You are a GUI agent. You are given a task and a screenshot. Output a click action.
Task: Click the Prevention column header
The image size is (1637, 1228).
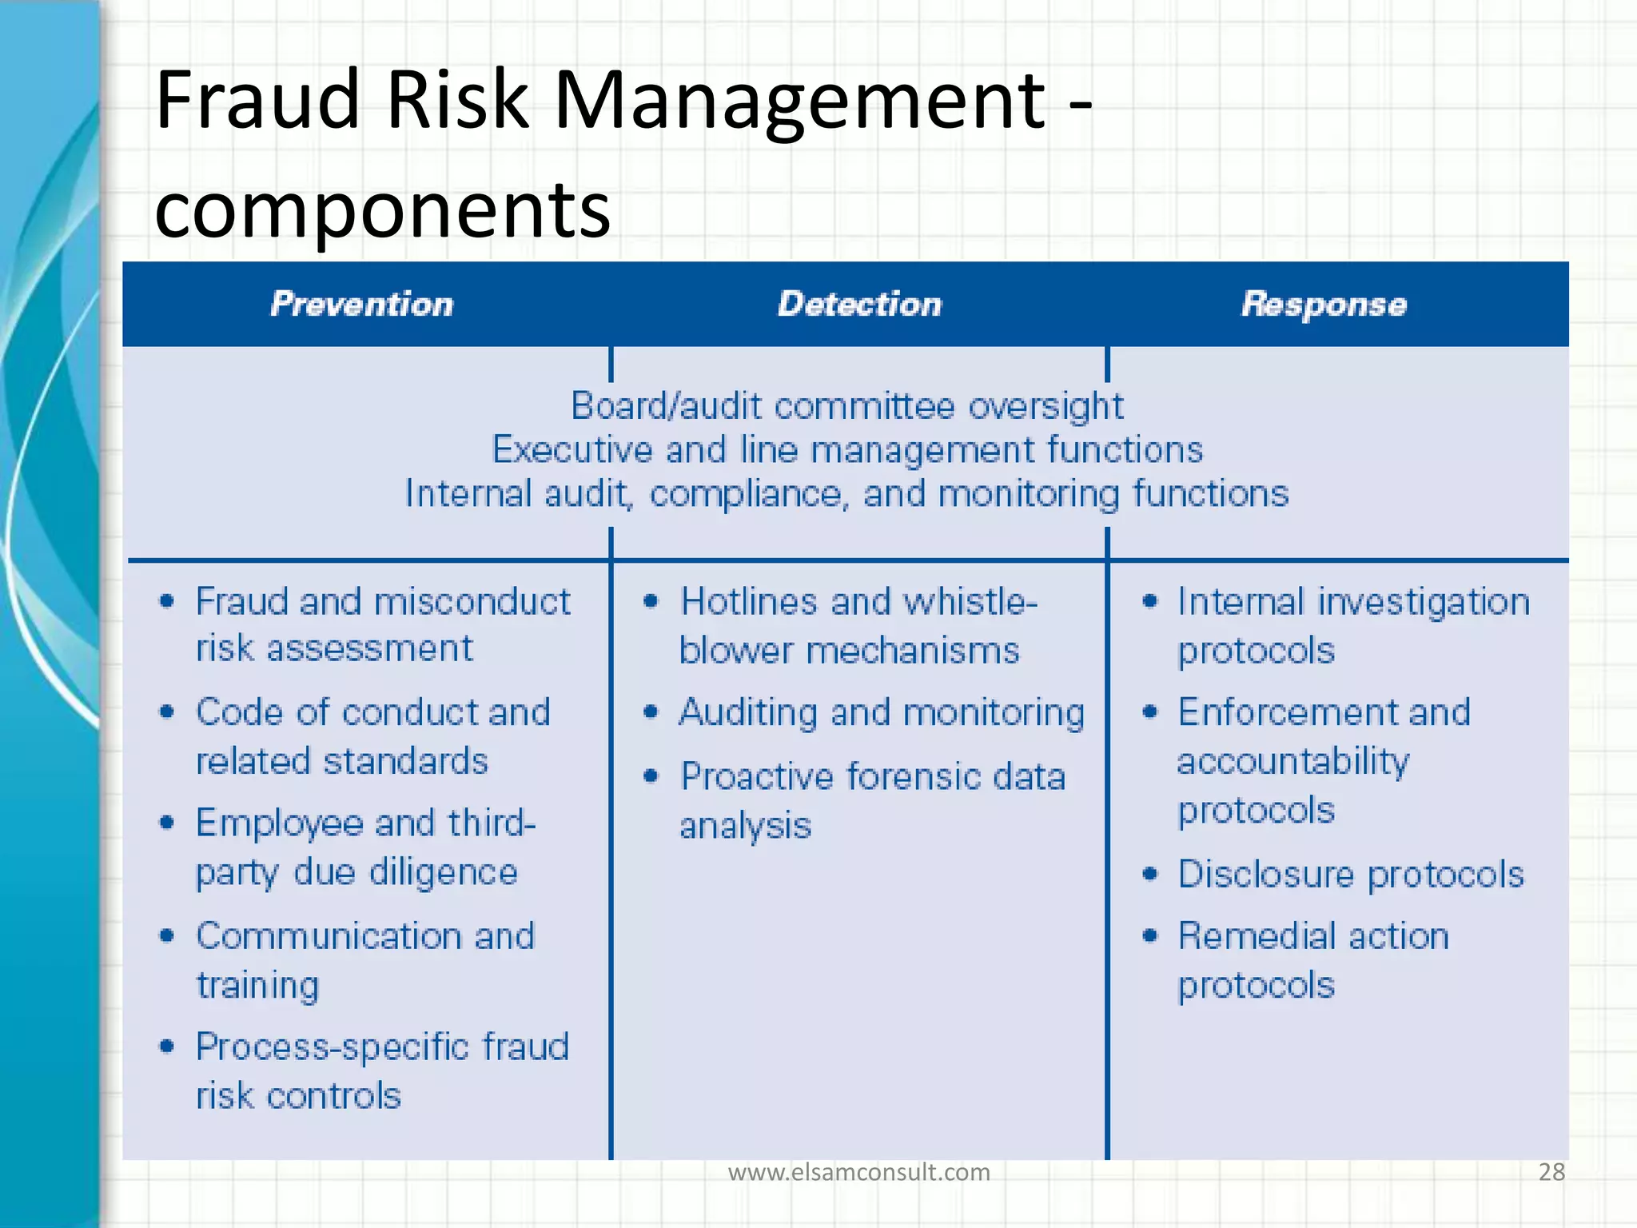pyautogui.click(x=361, y=305)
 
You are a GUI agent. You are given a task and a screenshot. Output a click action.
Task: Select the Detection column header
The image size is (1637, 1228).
pyautogui.click(x=859, y=305)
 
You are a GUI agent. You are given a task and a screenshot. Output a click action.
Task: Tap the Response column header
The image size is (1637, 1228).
pyautogui.click(x=1324, y=305)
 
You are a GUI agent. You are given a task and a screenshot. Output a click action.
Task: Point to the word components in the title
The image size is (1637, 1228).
pyautogui.click(x=382, y=209)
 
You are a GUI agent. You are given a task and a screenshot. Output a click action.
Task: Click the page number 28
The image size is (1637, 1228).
pyautogui.click(x=1551, y=1172)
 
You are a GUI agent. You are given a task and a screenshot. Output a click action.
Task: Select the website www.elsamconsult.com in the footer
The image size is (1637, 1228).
pyautogui.click(x=858, y=1172)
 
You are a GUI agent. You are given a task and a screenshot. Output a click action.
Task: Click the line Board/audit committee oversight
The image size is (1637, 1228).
pyautogui.click(x=846, y=406)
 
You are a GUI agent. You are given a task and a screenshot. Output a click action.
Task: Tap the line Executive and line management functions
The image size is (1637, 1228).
pyautogui.click(x=846, y=449)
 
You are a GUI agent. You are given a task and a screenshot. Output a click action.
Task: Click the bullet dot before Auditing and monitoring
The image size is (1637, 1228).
pyautogui.click(x=651, y=712)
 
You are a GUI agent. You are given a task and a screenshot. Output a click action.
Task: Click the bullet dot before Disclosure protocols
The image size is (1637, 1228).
pyautogui.click(x=1150, y=874)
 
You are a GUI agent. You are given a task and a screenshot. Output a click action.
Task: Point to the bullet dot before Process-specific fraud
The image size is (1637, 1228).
pyautogui.click(x=166, y=1047)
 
